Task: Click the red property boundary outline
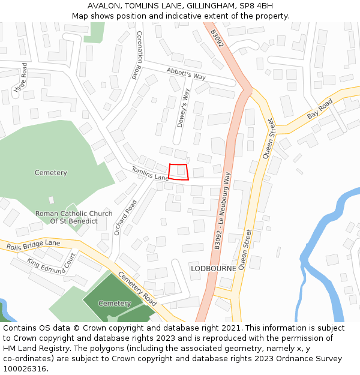click(x=178, y=172)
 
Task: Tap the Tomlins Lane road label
click(x=149, y=173)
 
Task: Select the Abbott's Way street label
click(x=186, y=74)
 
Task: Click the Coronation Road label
click(x=138, y=55)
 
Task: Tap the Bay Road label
click(x=319, y=109)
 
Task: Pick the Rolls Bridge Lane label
click(x=34, y=245)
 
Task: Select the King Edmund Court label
click(x=51, y=264)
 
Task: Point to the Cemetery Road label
click(x=137, y=287)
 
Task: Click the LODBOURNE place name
click(x=213, y=269)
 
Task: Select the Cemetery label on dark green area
click(x=115, y=304)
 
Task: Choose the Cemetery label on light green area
click(x=51, y=173)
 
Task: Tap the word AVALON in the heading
click(x=104, y=6)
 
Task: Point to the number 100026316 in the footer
click(x=25, y=369)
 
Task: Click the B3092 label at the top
click(x=217, y=38)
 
